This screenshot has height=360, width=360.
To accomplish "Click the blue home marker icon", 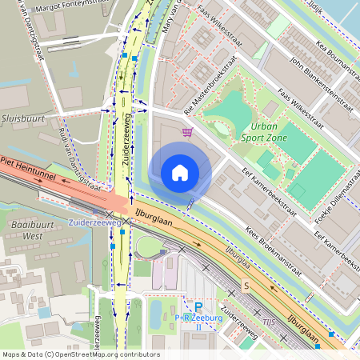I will tap(180, 172).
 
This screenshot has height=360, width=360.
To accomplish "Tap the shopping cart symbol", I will tap(187, 133).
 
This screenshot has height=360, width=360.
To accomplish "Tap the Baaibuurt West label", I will tap(22, 230).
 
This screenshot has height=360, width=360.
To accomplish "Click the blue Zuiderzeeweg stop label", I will tap(94, 222).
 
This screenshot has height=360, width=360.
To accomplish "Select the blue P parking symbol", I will tap(198, 306).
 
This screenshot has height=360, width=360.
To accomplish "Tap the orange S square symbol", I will tap(246, 286).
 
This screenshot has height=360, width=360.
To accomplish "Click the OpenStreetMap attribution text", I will tap(81, 354).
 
